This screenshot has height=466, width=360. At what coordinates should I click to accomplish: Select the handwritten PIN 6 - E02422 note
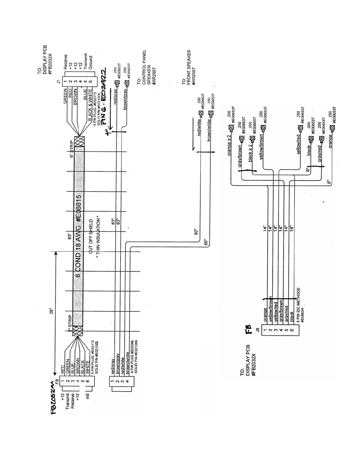tap(104, 97)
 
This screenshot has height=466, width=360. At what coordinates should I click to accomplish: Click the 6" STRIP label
tap(71, 151)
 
